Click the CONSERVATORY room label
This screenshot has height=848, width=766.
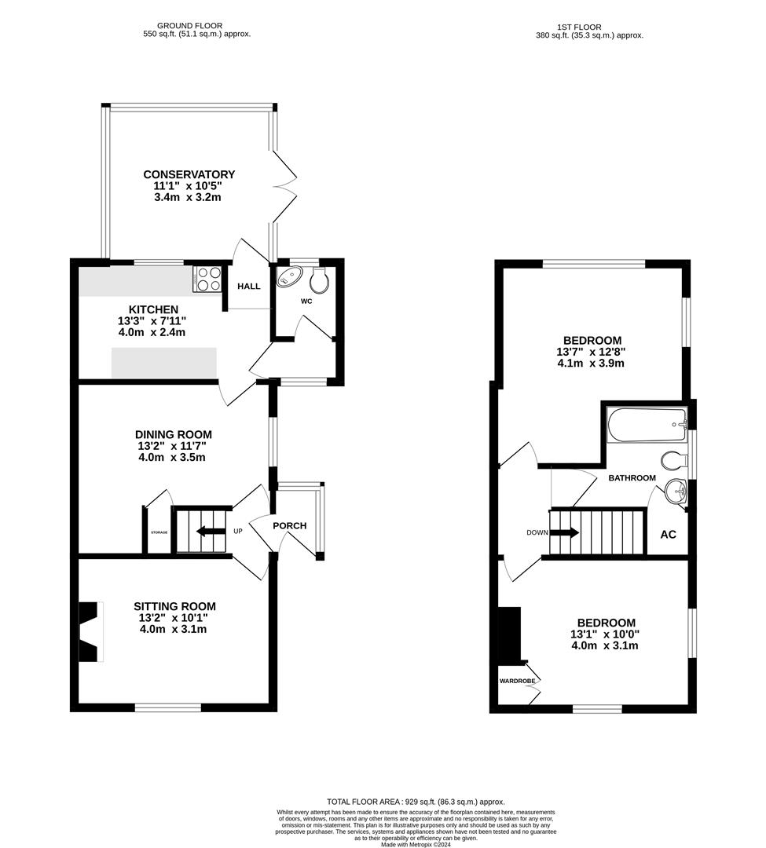(189, 174)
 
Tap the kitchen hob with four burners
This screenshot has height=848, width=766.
(207, 280)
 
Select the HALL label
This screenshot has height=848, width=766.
(249, 287)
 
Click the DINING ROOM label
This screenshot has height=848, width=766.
(174, 434)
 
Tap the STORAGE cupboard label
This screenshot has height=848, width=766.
(159, 533)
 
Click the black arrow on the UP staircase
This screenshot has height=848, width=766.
(210, 531)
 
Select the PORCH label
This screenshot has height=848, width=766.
(289, 525)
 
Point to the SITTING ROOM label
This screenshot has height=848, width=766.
(174, 606)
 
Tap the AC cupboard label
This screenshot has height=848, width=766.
(668, 535)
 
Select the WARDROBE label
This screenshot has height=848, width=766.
(517, 681)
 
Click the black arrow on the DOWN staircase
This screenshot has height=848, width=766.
(565, 532)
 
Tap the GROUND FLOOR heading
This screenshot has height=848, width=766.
(192, 26)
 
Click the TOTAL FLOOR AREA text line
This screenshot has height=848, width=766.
(416, 802)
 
